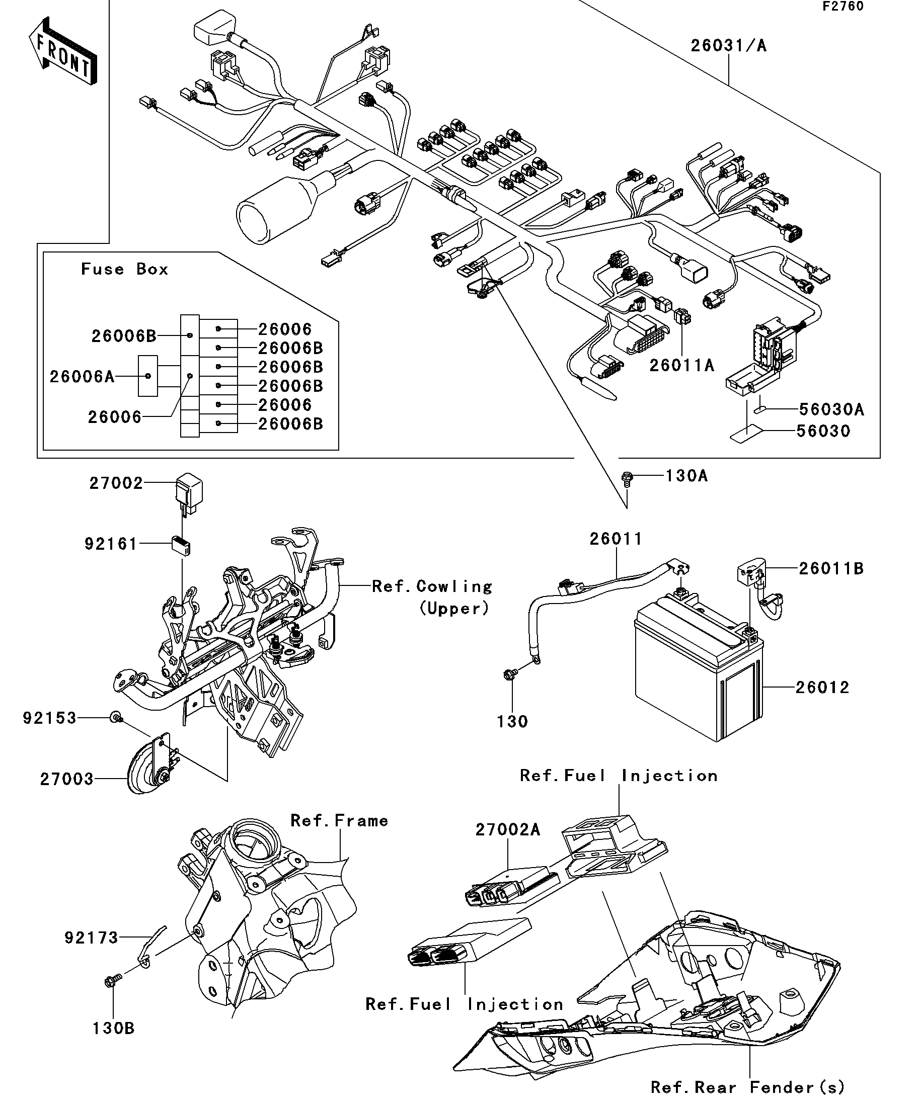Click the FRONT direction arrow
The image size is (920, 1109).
[x=62, y=52]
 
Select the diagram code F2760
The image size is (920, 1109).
[x=842, y=7]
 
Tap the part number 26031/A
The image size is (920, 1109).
[x=728, y=46]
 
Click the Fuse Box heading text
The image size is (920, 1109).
[x=125, y=270]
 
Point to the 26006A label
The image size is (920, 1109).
[x=82, y=377]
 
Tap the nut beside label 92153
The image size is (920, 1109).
[x=115, y=717]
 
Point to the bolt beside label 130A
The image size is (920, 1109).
[x=627, y=477]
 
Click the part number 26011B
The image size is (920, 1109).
[x=831, y=568]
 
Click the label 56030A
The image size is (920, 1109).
[x=831, y=409]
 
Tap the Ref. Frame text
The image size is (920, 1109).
[x=339, y=821]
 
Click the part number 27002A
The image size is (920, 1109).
[x=508, y=830]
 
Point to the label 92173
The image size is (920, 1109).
[x=92, y=937]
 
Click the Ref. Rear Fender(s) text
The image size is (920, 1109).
[x=747, y=1087]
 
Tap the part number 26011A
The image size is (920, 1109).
[x=681, y=366]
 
